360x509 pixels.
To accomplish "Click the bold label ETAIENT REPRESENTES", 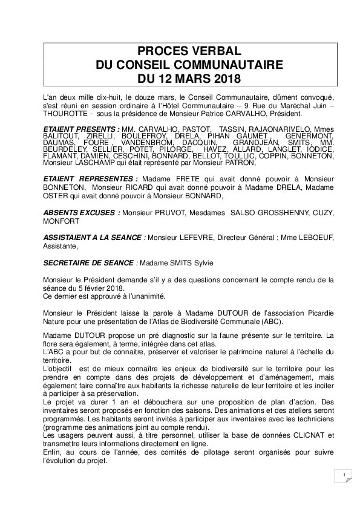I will coord(90,179).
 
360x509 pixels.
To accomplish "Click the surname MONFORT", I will coord(62,221).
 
